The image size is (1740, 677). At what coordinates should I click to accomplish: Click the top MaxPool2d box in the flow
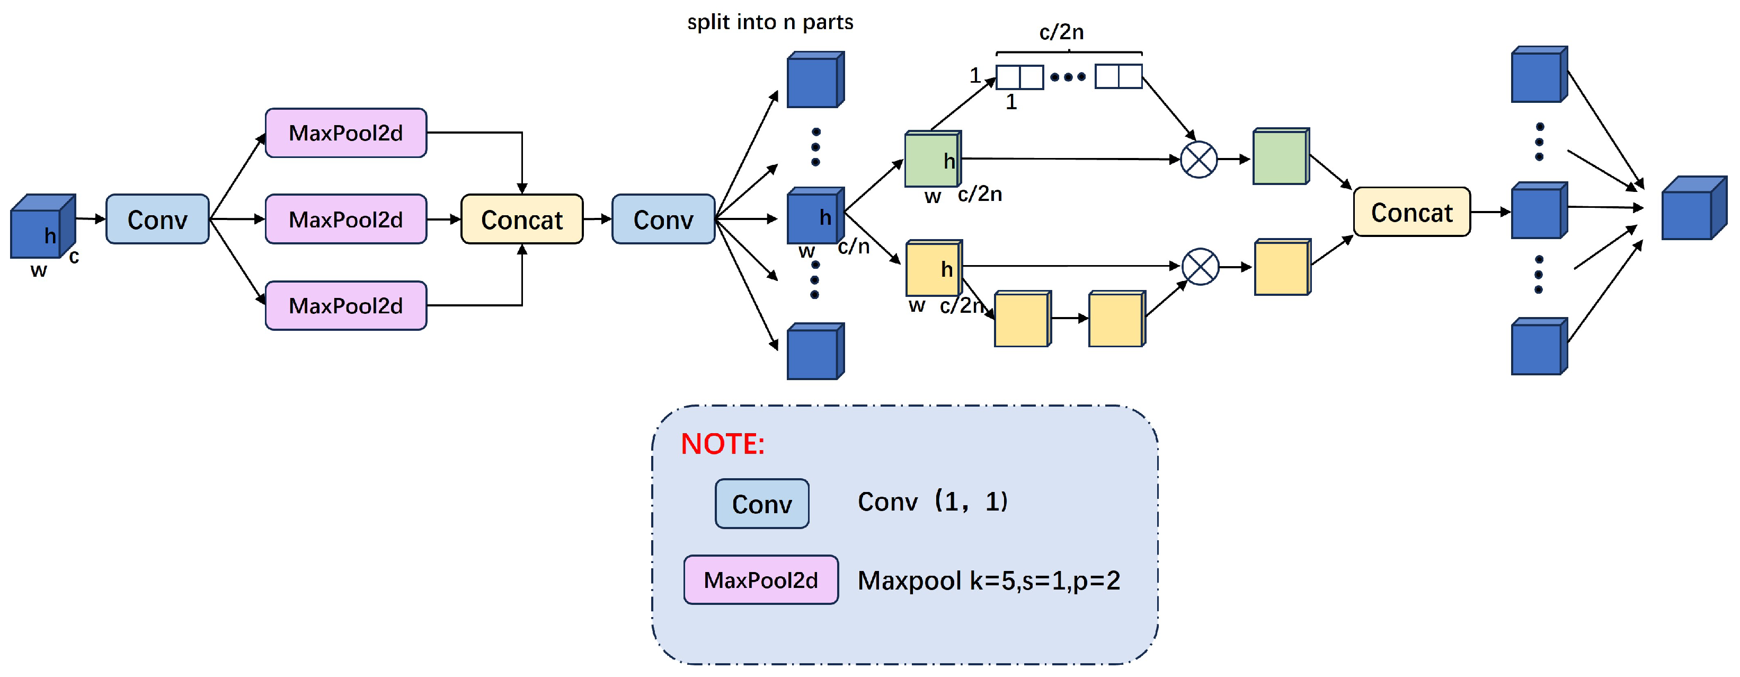click(346, 133)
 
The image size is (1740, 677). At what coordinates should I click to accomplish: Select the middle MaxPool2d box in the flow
click(346, 219)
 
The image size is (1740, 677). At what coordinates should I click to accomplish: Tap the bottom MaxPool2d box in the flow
click(346, 305)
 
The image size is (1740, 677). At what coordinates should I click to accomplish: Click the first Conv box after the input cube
click(157, 219)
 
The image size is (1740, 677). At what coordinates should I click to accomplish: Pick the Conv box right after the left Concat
click(663, 219)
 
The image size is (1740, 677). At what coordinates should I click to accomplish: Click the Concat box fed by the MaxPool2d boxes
click(522, 219)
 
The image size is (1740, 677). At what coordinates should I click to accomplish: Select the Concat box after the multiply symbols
click(1411, 212)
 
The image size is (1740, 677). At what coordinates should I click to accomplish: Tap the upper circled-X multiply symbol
click(1199, 160)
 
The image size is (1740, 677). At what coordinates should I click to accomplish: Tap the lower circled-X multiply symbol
click(1200, 267)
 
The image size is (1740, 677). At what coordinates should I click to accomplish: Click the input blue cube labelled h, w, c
click(42, 226)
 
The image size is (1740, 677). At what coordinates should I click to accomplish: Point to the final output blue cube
click(1694, 208)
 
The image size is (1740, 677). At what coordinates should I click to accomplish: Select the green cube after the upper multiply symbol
click(1281, 156)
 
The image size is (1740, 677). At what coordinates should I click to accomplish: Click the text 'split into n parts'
click(770, 22)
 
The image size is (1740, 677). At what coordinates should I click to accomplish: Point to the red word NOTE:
click(723, 444)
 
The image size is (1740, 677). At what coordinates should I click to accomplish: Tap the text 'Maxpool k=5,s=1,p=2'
click(989, 581)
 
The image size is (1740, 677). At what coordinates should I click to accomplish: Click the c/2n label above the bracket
click(1062, 32)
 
